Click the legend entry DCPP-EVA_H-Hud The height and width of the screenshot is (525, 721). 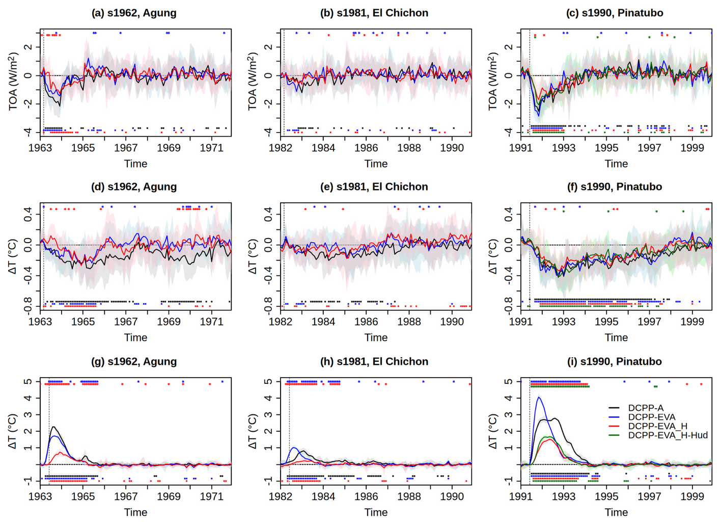click(668, 435)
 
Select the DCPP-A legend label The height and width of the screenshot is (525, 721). click(646, 408)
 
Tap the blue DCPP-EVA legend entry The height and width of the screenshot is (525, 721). click(652, 417)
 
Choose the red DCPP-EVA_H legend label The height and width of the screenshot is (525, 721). click(657, 426)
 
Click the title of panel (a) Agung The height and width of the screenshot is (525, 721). click(134, 13)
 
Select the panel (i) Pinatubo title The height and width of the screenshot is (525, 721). click(615, 361)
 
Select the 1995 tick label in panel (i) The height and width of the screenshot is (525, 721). click(606, 496)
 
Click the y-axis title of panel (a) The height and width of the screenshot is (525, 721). click(14, 82)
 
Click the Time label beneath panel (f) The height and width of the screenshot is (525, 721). click(616, 337)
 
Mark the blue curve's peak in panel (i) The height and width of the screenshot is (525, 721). click(539, 398)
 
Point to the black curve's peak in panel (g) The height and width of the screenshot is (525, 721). click(53, 427)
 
